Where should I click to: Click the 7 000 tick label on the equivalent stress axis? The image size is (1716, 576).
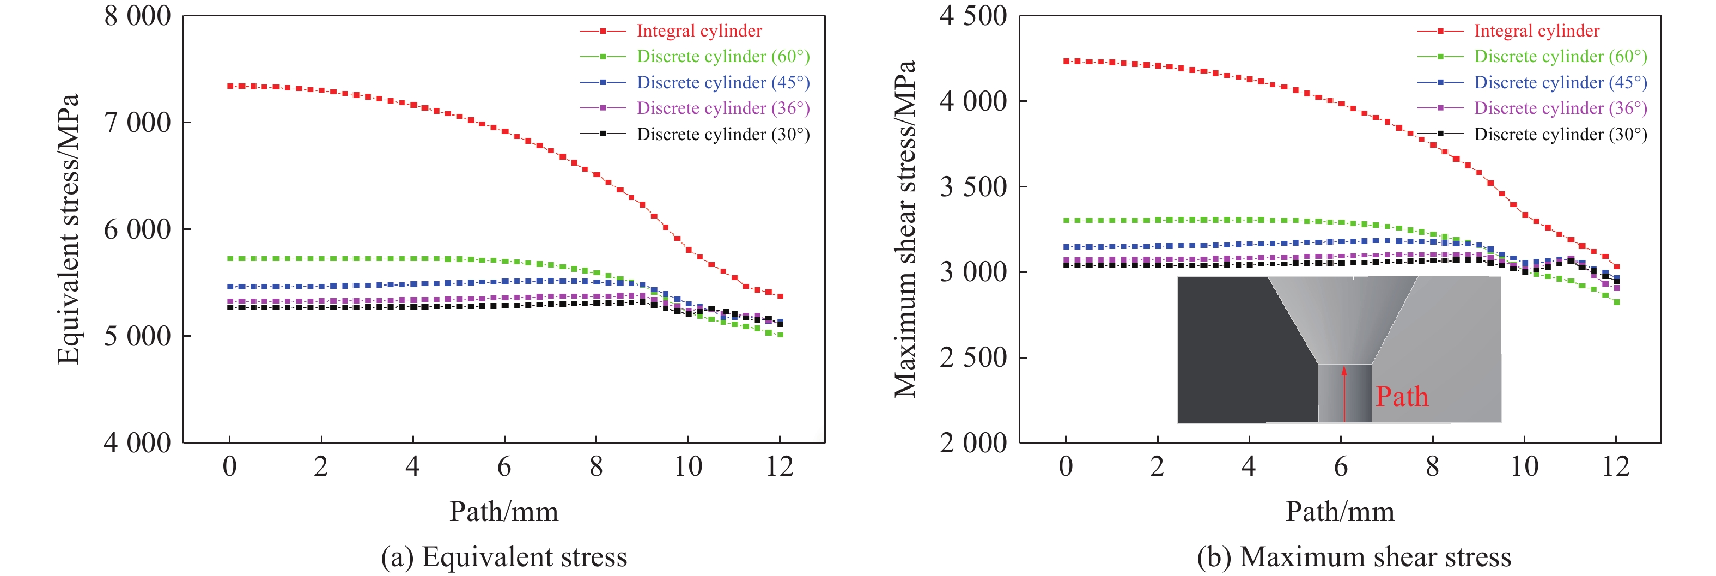point(137,123)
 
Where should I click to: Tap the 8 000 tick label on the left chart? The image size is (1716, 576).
point(137,16)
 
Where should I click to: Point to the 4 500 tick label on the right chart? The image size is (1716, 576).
point(973,16)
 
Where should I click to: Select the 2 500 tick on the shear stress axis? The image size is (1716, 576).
point(973,357)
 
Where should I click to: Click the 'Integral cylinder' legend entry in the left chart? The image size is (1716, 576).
point(699,31)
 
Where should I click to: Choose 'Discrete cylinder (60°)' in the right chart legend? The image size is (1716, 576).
point(1560,57)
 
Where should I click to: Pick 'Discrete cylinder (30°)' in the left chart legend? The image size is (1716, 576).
point(723,134)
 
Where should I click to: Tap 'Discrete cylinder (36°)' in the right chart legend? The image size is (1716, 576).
point(1560,108)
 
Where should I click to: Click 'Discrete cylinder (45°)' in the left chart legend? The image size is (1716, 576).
point(723,83)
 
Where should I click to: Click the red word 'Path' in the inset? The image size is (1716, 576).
point(1402,397)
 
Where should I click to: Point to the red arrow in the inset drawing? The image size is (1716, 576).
point(1344,393)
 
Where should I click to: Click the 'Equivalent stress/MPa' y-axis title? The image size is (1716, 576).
point(69,229)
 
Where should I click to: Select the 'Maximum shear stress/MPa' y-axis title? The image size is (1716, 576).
point(905,229)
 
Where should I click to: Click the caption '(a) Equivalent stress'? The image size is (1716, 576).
point(503,557)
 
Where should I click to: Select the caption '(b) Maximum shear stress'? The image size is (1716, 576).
point(1354,557)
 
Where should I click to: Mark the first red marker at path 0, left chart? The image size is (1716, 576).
point(230,86)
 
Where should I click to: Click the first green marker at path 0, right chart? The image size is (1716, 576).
point(1066,220)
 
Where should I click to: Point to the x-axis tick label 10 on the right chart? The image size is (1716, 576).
point(1524,466)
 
